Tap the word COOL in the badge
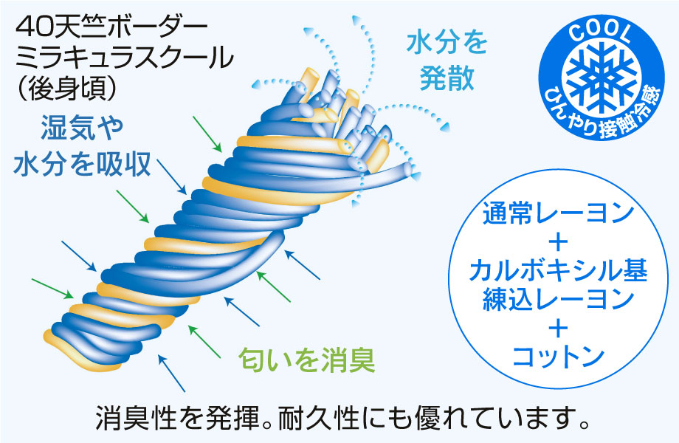(x=600, y=32)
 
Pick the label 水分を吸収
(x=82, y=164)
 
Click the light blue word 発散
(x=447, y=78)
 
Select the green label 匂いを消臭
(x=306, y=360)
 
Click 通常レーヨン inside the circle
(x=558, y=213)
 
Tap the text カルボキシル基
(x=558, y=270)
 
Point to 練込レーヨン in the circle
(x=558, y=299)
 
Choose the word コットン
(x=558, y=357)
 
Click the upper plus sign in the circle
(x=558, y=241)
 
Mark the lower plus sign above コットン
(x=558, y=329)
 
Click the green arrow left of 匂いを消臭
(x=204, y=342)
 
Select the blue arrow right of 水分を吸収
(x=171, y=176)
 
